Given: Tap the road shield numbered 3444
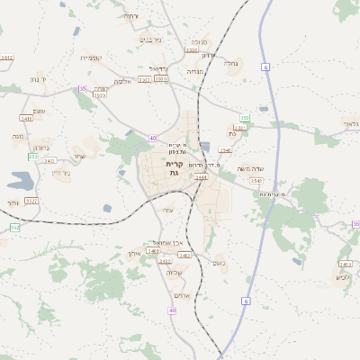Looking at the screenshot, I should click(x=201, y=178).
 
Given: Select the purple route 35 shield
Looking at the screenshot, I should click(x=83, y=89).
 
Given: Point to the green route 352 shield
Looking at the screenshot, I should click(x=14, y=228).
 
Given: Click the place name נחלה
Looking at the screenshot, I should click(x=230, y=63).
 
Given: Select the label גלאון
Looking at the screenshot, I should click(x=350, y=122).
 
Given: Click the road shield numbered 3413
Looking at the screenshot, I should click(x=345, y=264).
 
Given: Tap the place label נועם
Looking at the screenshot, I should click(x=216, y=262).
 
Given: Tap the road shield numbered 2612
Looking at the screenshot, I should click(x=7, y=58).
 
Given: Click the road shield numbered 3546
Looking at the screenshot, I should click(x=225, y=150).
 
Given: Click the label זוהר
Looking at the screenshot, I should click(x=13, y=203).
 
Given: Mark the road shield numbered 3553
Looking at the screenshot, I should click(x=192, y=50).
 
